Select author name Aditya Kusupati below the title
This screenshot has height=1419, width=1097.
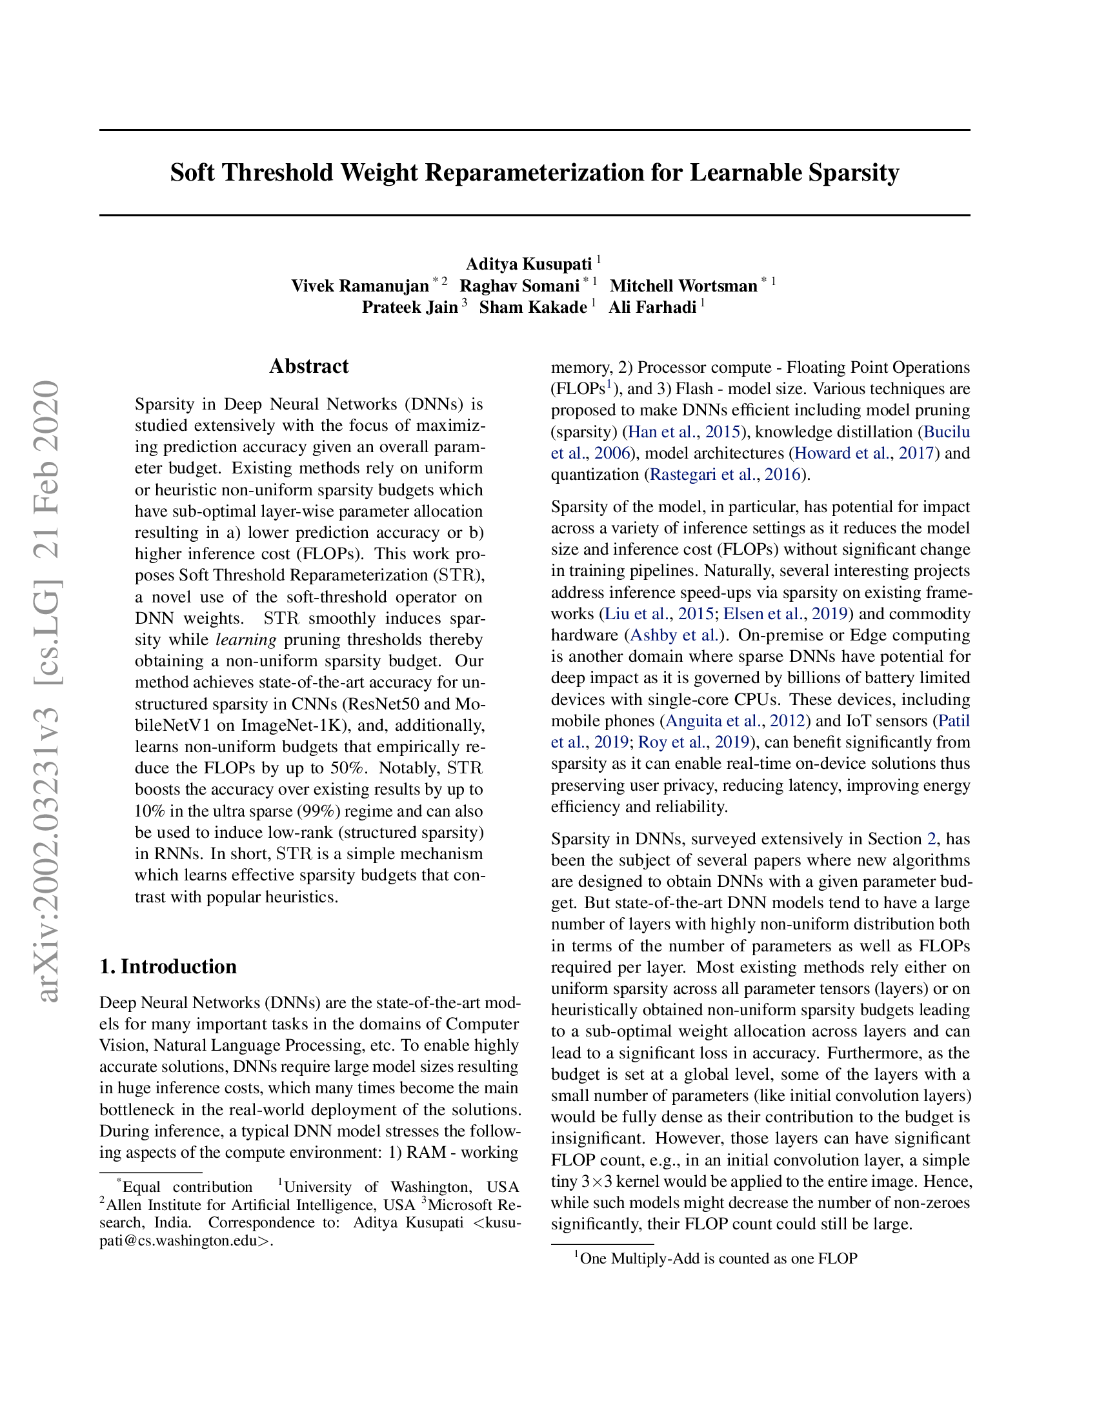coord(528,264)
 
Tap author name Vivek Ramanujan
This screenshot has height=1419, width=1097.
coord(359,286)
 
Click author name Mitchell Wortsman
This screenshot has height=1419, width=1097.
coord(683,286)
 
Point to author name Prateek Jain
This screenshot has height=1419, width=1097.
coord(409,307)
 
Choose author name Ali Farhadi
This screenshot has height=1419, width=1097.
coord(652,307)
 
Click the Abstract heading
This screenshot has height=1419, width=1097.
coord(308,366)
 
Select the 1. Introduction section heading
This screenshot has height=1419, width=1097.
coord(168,966)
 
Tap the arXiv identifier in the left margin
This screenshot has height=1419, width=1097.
coord(50,689)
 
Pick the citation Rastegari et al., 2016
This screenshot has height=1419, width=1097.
coord(725,475)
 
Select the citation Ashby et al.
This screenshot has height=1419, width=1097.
coord(674,635)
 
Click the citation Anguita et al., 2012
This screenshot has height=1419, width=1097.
coord(735,720)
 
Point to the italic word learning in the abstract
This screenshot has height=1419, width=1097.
coord(246,640)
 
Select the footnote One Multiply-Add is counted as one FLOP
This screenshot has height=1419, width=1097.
coord(718,1258)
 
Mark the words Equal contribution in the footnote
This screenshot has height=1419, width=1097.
coord(187,1187)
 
